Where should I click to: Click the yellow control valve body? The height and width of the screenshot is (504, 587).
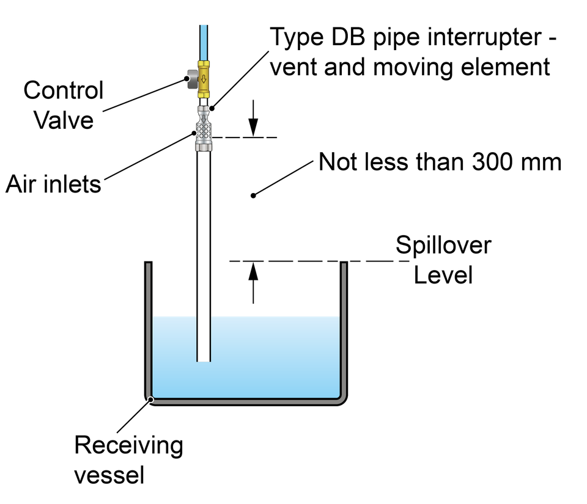(204, 79)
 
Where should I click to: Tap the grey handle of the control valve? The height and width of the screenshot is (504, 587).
(192, 79)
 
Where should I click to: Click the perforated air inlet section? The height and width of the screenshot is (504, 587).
(204, 131)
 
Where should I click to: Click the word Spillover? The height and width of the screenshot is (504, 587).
(443, 245)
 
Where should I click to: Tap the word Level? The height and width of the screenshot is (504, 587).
(443, 275)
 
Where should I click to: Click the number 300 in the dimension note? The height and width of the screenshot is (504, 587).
(490, 163)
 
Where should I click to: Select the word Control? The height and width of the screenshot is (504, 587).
(63, 90)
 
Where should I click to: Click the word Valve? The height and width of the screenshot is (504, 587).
(64, 120)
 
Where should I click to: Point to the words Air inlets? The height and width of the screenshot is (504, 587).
(53, 184)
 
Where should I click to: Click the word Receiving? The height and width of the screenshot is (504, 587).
(128, 446)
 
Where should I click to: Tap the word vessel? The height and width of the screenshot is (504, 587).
(109, 475)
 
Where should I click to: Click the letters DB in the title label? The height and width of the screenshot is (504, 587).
(348, 37)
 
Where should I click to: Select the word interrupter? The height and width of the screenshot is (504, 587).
(484, 38)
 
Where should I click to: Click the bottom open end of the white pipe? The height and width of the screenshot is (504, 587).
(204, 361)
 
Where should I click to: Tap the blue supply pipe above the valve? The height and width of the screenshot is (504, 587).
(204, 43)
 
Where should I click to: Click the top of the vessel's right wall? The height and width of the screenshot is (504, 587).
(344, 263)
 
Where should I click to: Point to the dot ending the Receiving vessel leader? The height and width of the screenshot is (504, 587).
(150, 400)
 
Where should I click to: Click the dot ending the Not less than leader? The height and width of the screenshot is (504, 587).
(253, 195)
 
